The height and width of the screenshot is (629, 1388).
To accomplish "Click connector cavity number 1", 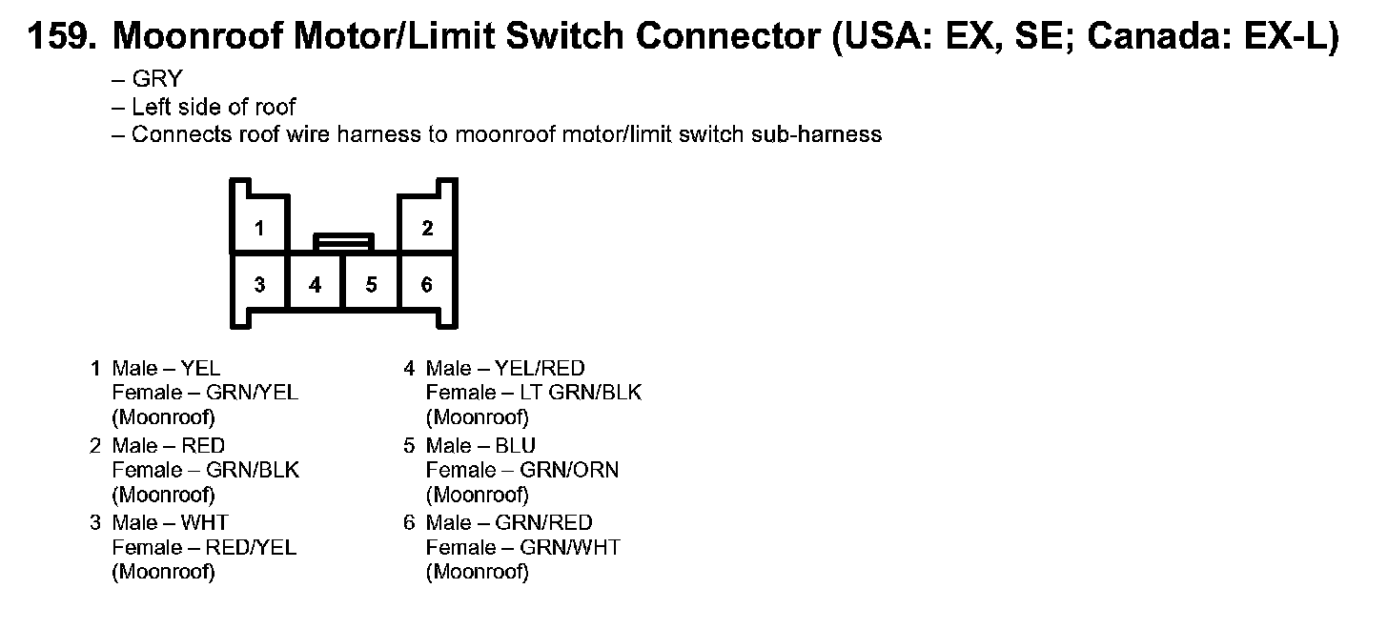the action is click(x=259, y=228).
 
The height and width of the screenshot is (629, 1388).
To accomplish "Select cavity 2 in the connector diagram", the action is click(x=427, y=228).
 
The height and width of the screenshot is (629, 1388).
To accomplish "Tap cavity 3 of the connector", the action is click(x=259, y=284).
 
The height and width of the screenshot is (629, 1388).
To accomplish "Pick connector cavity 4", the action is click(x=316, y=284).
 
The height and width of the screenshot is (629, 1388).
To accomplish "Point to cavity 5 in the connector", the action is click(x=371, y=284).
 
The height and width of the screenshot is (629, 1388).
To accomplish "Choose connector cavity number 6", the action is click(x=427, y=284).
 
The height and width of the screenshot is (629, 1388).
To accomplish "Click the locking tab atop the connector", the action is click(x=343, y=242).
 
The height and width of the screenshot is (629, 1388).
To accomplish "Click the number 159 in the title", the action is click(x=59, y=37).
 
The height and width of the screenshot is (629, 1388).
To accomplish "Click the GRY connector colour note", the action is click(x=156, y=80).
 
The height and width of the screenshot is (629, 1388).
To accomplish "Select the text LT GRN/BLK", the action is click(x=581, y=393).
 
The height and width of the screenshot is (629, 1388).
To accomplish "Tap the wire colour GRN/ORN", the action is click(x=569, y=470).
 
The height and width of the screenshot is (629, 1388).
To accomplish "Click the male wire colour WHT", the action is click(x=204, y=522).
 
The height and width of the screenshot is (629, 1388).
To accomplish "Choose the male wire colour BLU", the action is click(x=516, y=445).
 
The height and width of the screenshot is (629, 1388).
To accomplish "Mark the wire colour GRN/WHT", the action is click(x=570, y=547).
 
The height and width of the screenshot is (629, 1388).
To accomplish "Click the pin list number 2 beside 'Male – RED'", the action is click(x=95, y=445).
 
